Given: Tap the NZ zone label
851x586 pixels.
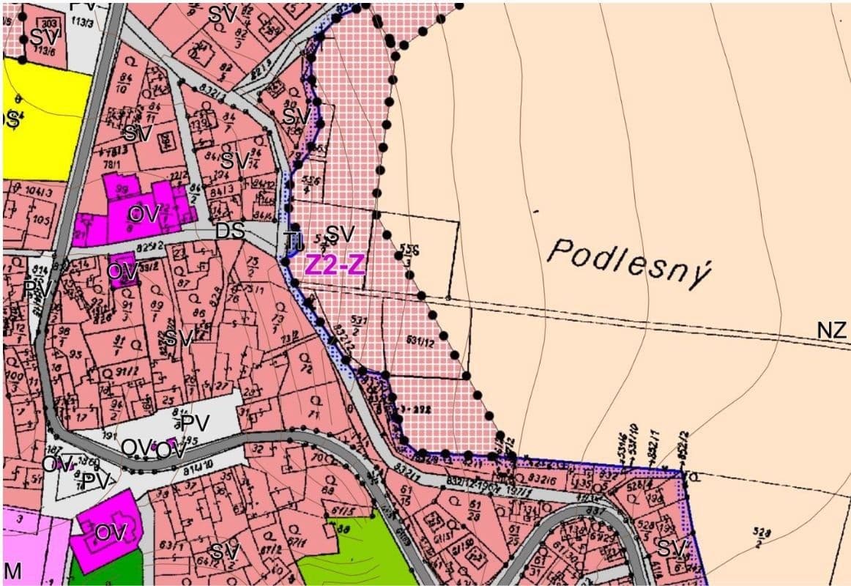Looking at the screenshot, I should tap(832, 330).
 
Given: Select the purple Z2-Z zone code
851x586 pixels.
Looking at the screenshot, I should tap(335, 265).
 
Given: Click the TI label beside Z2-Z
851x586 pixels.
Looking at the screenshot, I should tap(293, 240).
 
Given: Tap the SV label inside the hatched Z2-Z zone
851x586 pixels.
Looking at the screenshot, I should tap(340, 234).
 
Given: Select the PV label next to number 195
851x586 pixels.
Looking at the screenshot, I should tap(196, 423).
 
